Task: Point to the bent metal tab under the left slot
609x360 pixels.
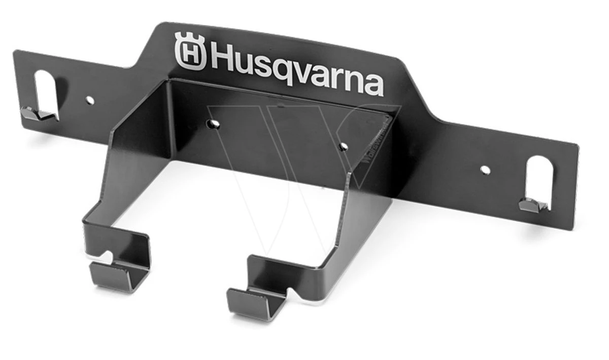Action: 38,115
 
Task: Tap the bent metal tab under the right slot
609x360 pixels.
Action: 533,205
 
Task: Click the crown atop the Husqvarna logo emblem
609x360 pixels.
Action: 190,39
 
